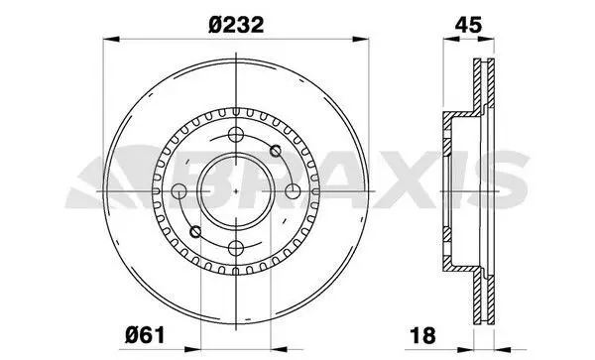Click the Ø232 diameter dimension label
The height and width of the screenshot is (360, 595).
coord(236,25)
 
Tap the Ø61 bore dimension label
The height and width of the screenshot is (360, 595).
coord(145,335)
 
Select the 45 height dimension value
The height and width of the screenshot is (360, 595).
coord(468,25)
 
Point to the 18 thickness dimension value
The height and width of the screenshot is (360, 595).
coord(422,335)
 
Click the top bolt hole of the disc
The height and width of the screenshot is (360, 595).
coord(236,135)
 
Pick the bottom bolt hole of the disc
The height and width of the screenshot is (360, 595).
coord(236,248)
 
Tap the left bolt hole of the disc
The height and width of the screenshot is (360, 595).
coord(179,191)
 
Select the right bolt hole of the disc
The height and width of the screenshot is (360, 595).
coord(293,191)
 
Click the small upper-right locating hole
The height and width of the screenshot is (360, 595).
coord(276,151)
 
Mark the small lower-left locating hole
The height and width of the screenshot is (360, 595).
coord(195,231)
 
